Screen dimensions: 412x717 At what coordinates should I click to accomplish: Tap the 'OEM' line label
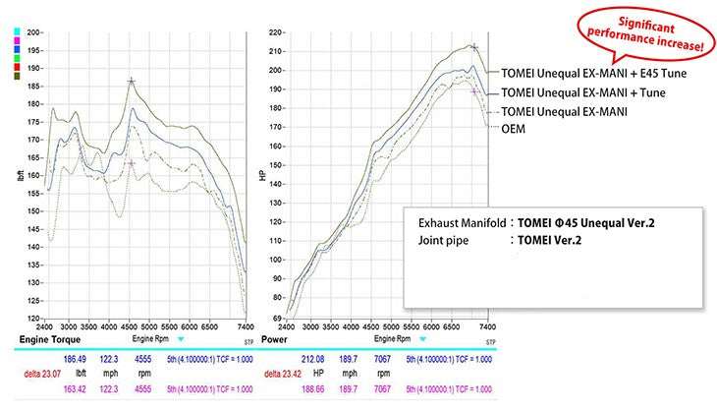click(x=513, y=128)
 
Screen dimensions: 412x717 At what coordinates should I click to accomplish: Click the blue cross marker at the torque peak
click(x=132, y=82)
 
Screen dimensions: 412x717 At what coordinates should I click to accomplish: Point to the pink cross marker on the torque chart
click(x=132, y=162)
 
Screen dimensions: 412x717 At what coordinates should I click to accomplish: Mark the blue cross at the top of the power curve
click(x=474, y=46)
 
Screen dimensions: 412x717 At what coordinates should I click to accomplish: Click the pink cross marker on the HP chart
click(x=474, y=91)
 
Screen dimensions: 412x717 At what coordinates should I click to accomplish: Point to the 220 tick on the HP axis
click(x=275, y=32)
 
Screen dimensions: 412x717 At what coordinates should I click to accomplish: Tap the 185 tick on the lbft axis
click(x=33, y=87)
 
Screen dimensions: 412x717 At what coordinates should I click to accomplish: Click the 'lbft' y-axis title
click(x=20, y=177)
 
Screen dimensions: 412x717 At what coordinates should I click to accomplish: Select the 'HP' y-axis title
click(x=261, y=177)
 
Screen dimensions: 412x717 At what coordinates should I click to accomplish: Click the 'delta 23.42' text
click(x=275, y=374)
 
